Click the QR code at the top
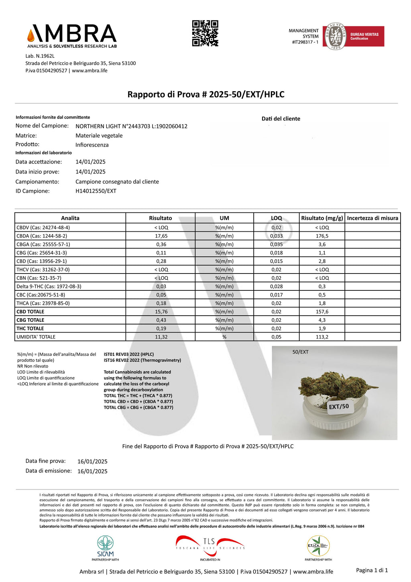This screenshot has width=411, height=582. pos(205,33)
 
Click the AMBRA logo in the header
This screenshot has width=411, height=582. pos(72,35)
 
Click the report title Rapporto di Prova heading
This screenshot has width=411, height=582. pos(206,94)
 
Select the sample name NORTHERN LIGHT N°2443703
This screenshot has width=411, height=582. pos(131,126)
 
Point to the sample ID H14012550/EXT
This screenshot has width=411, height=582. pos(96,191)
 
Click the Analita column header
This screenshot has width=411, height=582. pos(70,218)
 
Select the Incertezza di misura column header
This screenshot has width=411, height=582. pos(372,218)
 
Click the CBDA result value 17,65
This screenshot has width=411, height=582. pos(161,236)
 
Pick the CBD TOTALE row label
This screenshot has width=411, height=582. pos(31,312)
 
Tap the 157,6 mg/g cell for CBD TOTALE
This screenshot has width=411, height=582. pos(322,312)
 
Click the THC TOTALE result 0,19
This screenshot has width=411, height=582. pos(161,329)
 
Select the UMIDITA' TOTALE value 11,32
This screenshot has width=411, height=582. pos(161,337)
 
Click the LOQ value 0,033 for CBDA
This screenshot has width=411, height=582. pos(276,236)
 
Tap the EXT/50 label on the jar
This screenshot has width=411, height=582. pos(339,406)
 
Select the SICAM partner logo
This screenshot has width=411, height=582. pos(105,548)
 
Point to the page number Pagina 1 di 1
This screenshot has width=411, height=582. pos(372,570)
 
